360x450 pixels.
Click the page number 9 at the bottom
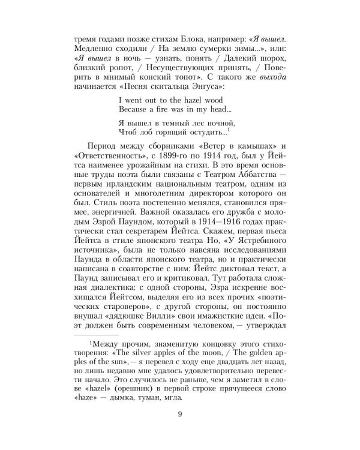coord(180,428)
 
